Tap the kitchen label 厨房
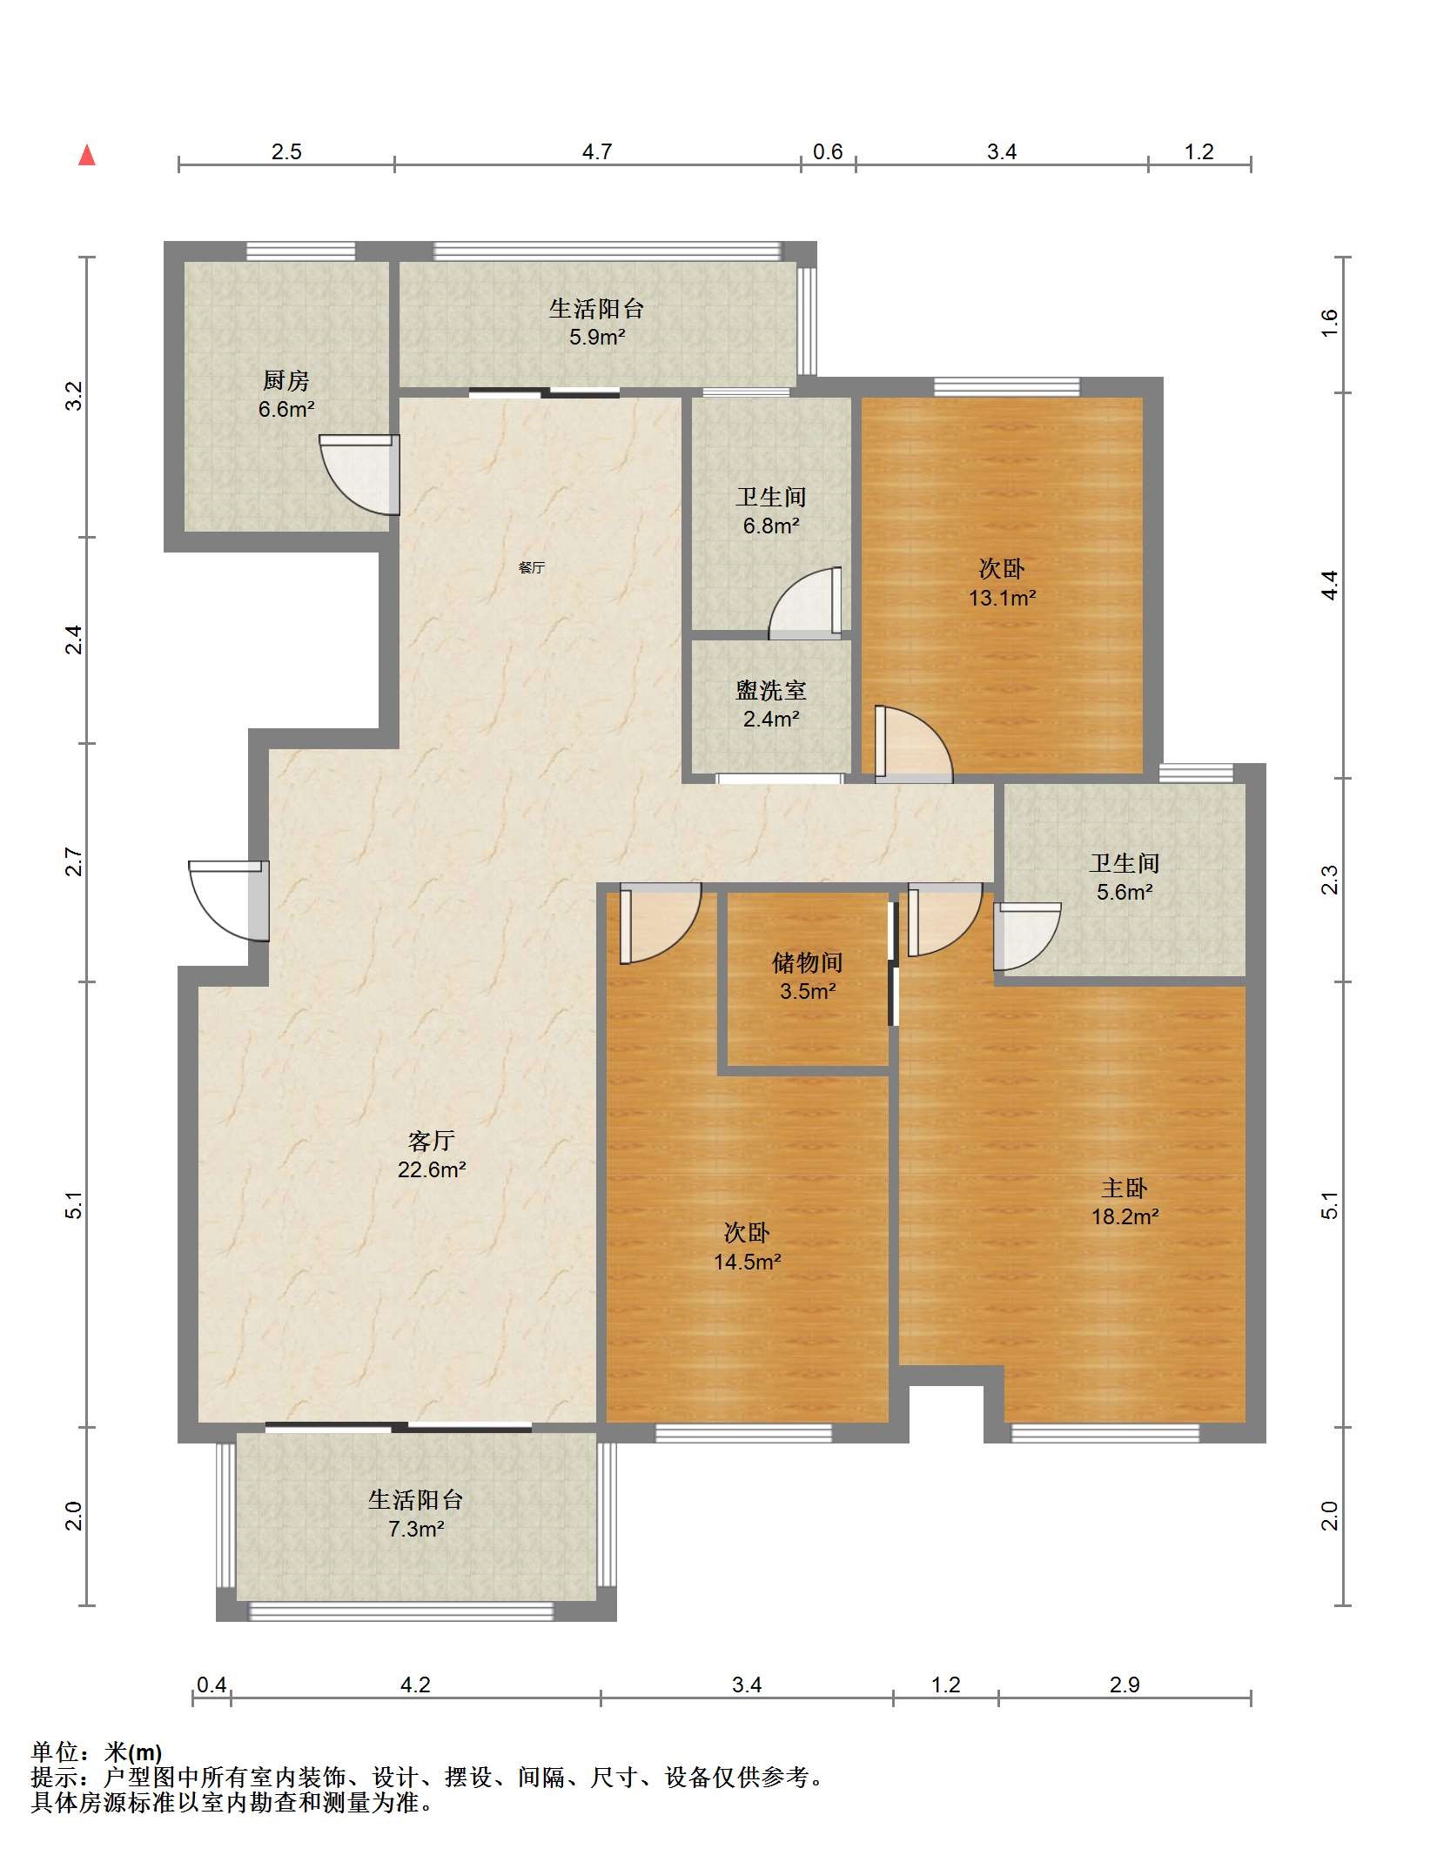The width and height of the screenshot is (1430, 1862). pos(285,380)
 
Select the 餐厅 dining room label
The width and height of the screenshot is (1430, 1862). pos(532,567)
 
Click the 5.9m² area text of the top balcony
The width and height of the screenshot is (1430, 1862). pos(597,337)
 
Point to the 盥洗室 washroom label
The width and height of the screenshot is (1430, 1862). pos(771,690)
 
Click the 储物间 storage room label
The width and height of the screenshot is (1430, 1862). pos(808,962)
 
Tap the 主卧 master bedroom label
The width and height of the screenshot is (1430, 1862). pos(1125,1188)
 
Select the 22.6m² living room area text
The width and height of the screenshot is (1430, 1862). pos(432,1169)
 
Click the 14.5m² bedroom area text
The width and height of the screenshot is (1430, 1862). pos(748,1262)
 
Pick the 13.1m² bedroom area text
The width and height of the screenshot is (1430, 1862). pos(1003,598)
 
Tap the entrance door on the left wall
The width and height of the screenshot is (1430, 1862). pos(229,901)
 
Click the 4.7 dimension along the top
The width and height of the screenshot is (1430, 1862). pos(597,152)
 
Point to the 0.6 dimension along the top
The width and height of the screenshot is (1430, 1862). pos(828,152)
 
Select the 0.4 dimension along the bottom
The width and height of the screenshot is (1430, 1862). pos(211,1685)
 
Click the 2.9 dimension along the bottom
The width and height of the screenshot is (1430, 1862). pos(1125,1685)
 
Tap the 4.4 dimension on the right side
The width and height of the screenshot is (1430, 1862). pos(1329,585)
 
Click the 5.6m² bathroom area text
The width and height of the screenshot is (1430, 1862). pos(1125,892)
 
